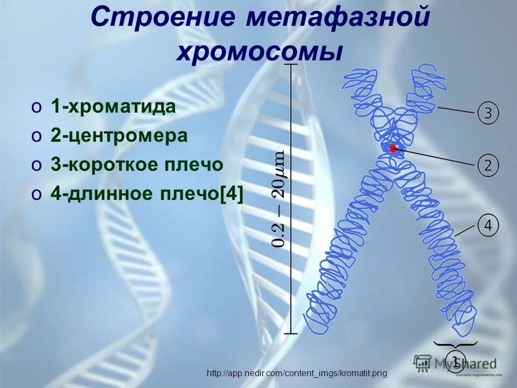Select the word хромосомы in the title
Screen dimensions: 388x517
(x=260, y=53)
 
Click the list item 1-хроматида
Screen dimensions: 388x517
(x=113, y=107)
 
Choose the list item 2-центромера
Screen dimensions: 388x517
(x=119, y=136)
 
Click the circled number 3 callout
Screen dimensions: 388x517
(x=488, y=113)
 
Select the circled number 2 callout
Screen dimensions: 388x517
(x=488, y=165)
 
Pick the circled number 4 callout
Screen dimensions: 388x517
(x=488, y=225)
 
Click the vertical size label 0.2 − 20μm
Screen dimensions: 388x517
(x=278, y=199)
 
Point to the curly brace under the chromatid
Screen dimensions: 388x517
(x=456, y=344)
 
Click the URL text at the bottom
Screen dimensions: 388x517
(x=297, y=373)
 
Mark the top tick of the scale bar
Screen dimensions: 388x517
(x=291, y=64)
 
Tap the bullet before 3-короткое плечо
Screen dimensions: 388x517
(x=36, y=165)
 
